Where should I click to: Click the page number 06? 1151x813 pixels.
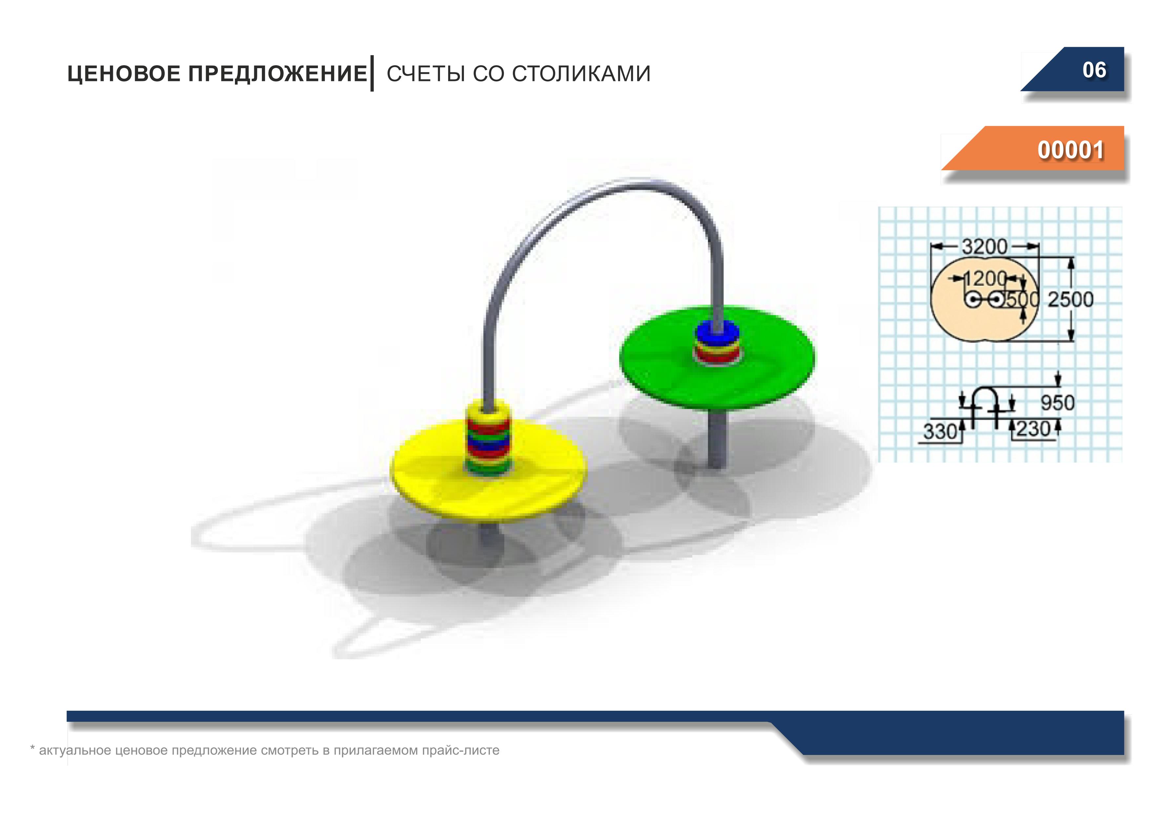point(1094,70)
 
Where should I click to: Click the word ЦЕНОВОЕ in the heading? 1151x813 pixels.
point(124,74)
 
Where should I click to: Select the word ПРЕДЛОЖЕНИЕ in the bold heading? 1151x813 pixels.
point(278,74)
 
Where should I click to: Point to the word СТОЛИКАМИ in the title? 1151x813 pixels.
point(581,74)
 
